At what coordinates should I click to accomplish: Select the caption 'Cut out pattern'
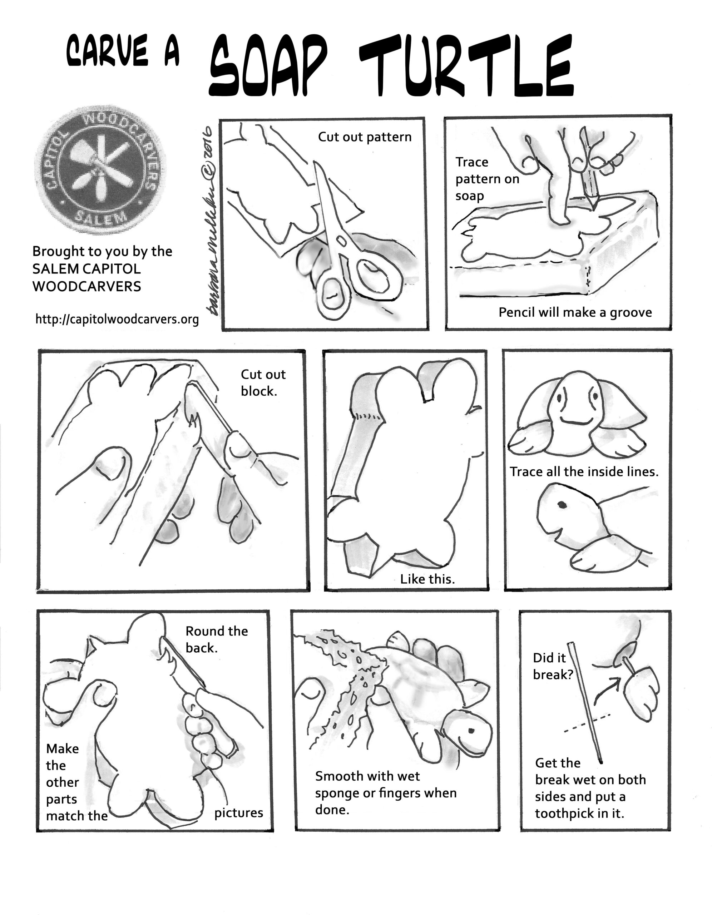pyautogui.click(x=365, y=137)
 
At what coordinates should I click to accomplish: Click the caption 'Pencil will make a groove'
pyautogui.click(x=575, y=312)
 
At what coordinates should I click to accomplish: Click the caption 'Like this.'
pyautogui.click(x=427, y=579)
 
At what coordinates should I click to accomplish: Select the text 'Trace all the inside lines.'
pyautogui.click(x=584, y=472)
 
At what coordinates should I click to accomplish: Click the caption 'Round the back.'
pyautogui.click(x=216, y=639)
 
